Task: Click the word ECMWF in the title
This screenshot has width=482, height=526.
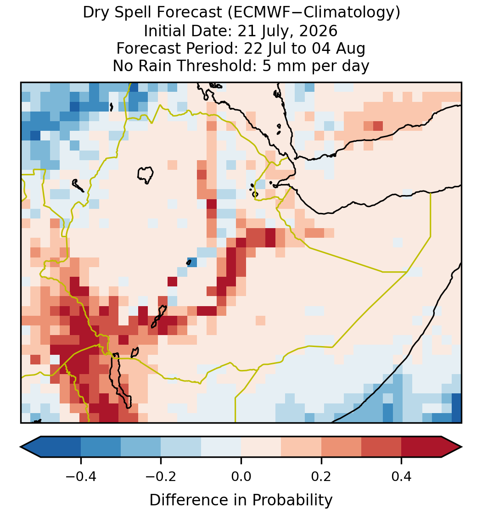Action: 259,13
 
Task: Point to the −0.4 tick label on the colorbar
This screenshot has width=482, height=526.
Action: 81,476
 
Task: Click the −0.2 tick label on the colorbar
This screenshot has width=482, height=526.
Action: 161,476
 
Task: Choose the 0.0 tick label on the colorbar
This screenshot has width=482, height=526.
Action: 241,476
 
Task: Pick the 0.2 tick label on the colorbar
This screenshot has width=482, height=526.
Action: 321,476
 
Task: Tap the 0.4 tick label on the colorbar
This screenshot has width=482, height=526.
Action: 402,476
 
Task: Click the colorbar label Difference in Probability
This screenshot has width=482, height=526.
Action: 241,500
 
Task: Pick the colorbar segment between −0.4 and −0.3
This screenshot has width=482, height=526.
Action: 101,447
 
